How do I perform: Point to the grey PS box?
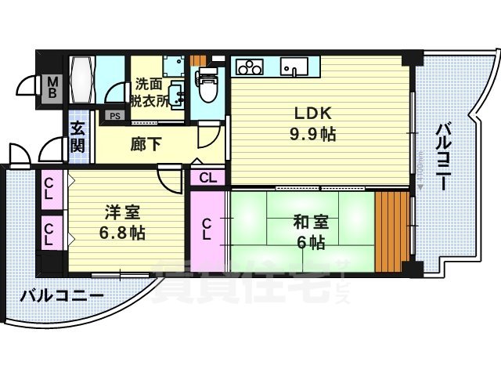(x=115, y=116)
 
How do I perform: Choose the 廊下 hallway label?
(x=142, y=144)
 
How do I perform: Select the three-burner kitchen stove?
(x=250, y=67)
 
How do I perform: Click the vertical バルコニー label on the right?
(x=442, y=156)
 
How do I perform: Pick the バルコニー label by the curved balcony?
(x=62, y=297)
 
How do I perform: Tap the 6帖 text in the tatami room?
(x=312, y=242)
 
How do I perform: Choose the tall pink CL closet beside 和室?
(x=207, y=230)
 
